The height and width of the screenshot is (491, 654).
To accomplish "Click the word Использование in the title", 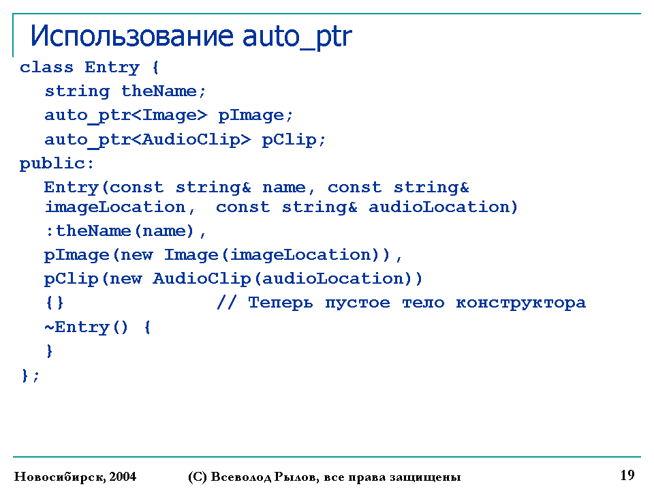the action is click(x=131, y=36).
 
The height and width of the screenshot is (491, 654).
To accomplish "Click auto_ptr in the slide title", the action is click(x=297, y=38).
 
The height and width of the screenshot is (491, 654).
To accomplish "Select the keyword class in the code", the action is click(x=46, y=67).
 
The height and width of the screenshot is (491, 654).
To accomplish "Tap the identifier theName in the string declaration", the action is click(x=163, y=91).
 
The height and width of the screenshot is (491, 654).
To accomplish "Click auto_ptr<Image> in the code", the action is click(x=125, y=116).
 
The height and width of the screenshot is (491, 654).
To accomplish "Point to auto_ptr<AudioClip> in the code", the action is click(x=148, y=140).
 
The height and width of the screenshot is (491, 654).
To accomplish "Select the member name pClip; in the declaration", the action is click(x=293, y=140).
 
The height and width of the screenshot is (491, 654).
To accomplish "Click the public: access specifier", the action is click(x=57, y=164).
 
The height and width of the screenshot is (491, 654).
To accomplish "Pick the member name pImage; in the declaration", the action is click(x=255, y=116).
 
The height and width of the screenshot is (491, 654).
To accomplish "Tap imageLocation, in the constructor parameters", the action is click(x=120, y=207).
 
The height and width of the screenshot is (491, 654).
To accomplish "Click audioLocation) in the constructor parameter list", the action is click(x=443, y=207).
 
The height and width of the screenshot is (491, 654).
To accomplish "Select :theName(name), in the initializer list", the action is click(x=125, y=231).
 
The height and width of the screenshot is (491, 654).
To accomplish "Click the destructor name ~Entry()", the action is click(x=86, y=327).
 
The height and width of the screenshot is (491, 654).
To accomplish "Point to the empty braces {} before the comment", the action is click(x=54, y=302).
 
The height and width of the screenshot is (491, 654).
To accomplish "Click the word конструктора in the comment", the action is click(x=520, y=303).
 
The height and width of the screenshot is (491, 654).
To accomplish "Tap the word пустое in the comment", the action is click(x=358, y=303).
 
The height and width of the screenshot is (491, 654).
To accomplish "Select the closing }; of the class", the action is click(x=30, y=375).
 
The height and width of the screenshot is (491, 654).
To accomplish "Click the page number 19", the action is click(x=627, y=475).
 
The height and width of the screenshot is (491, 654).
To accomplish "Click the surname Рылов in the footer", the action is click(x=296, y=477).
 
